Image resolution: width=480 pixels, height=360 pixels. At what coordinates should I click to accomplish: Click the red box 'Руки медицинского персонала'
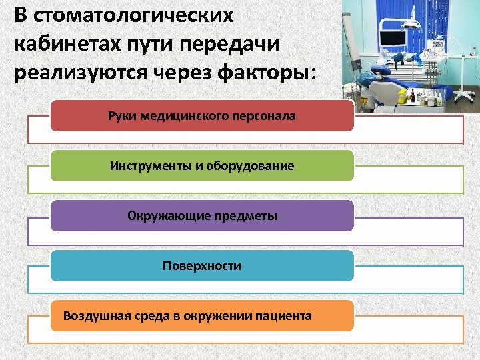click(x=202, y=117)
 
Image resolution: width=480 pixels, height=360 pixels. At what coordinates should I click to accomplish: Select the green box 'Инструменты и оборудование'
click(x=202, y=165)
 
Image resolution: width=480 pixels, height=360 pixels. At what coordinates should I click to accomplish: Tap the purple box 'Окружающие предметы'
click(x=202, y=215)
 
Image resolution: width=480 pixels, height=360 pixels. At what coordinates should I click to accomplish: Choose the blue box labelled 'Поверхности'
click(x=202, y=265)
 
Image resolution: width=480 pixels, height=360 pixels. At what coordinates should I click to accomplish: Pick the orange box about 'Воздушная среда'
click(x=202, y=315)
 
